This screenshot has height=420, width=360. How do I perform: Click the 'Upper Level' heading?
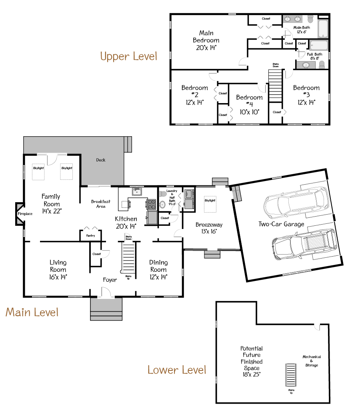(x=128, y=56)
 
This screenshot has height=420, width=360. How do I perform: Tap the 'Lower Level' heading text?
(x=177, y=370)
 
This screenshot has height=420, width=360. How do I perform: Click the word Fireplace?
(x=25, y=214)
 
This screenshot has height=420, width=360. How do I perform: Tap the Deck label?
(x=101, y=160)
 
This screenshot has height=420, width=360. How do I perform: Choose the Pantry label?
(x=90, y=236)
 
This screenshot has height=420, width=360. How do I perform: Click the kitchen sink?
(x=137, y=192)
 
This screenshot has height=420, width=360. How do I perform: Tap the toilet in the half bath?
(x=162, y=195)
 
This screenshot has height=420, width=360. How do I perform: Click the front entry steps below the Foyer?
(x=106, y=309)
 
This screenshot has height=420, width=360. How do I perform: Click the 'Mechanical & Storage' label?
(x=312, y=361)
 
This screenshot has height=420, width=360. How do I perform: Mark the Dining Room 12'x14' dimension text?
(x=158, y=276)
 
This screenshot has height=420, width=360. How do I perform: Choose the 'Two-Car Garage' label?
(x=281, y=224)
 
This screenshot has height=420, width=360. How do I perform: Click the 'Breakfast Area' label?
(x=101, y=204)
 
